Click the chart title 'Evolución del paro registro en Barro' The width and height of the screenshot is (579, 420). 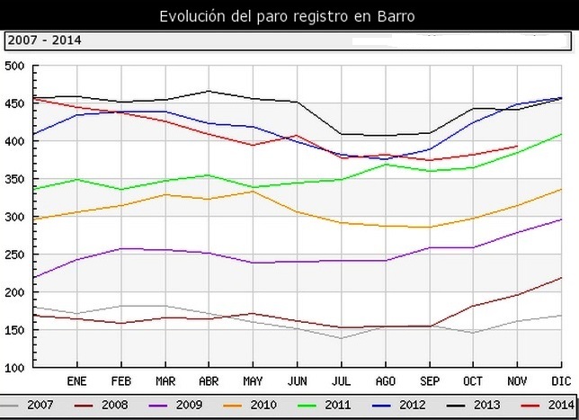click(287, 16)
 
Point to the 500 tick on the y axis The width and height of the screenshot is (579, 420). click(13, 66)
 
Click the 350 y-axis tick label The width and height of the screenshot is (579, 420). click(13, 179)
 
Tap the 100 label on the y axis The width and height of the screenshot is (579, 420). click(13, 368)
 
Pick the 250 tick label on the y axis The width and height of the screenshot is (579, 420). click(13, 255)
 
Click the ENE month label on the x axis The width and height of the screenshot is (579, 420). click(77, 380)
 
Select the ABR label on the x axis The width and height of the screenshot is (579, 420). click(209, 380)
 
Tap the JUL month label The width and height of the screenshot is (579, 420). click(340, 380)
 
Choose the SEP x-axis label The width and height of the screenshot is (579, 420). click(428, 380)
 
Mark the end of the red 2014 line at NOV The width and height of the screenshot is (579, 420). click(517, 146)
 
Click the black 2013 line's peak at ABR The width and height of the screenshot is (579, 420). click(209, 91)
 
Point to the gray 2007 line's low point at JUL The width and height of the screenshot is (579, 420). click(340, 338)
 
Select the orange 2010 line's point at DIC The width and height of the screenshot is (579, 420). click(562, 189)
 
